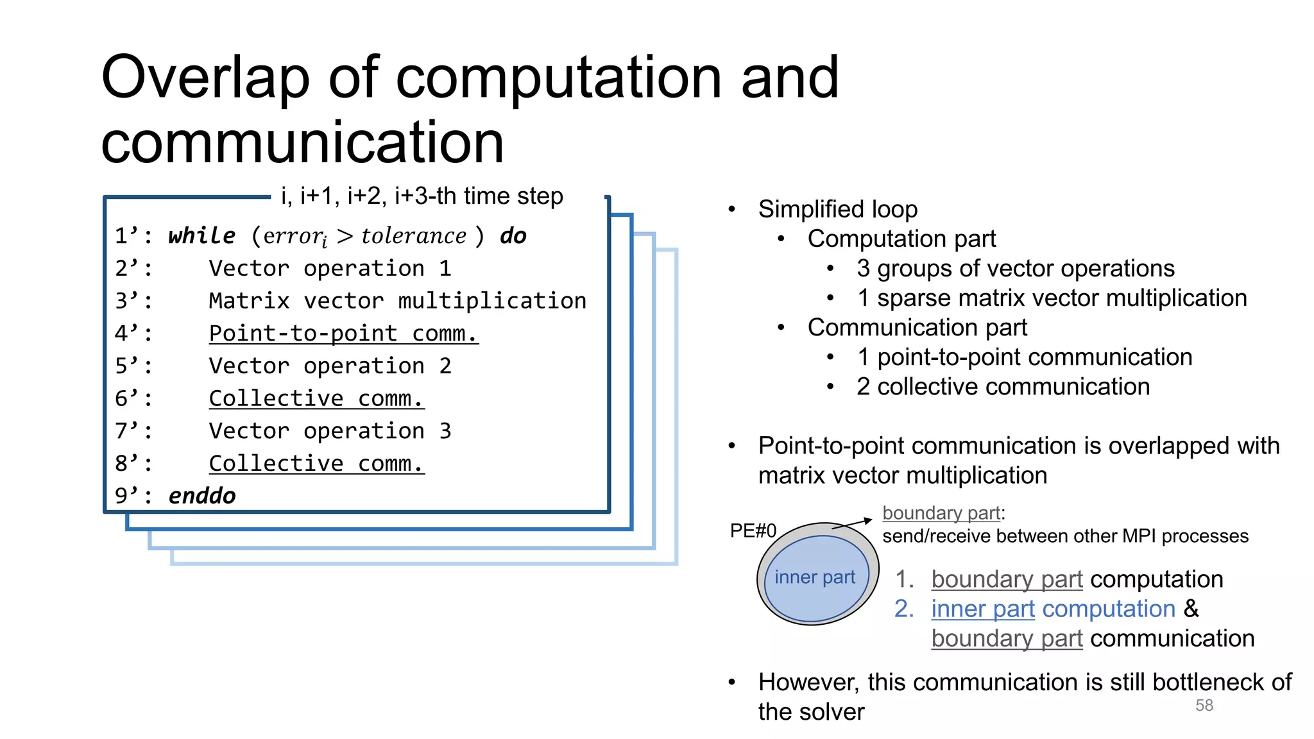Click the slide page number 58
(x=1204, y=705)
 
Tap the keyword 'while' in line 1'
(x=201, y=235)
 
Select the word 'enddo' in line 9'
(x=201, y=496)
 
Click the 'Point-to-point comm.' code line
(x=343, y=334)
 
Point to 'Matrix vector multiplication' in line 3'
(x=397, y=301)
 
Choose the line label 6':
(x=133, y=399)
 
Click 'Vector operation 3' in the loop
(x=330, y=431)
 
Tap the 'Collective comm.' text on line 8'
(x=316, y=464)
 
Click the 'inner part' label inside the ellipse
(x=814, y=577)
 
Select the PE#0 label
(x=753, y=531)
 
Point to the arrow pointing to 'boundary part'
(x=853, y=523)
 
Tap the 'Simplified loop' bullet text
(x=837, y=209)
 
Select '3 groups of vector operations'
(x=1015, y=268)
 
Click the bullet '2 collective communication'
(x=1003, y=387)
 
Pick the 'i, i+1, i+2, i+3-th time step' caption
(x=422, y=196)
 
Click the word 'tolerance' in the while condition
(x=414, y=236)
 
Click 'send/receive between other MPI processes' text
(x=1065, y=536)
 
